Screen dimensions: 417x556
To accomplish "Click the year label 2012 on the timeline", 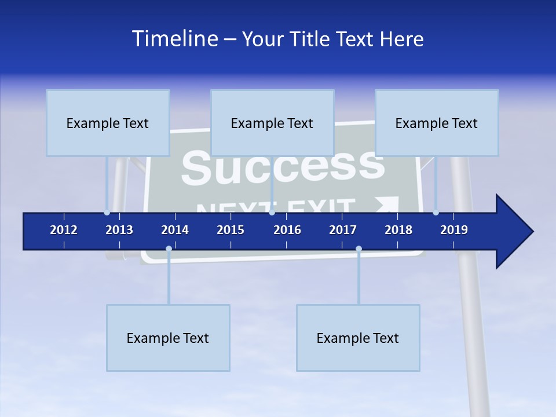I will [64, 230].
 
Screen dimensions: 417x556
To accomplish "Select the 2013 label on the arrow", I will [119, 230].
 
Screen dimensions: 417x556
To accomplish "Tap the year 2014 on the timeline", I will [175, 230].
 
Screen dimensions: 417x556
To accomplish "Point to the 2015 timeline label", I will [231, 230].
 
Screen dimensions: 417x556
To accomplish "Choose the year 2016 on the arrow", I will [287, 230].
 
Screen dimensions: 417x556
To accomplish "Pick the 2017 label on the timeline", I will [343, 230].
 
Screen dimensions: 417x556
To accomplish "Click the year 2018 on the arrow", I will [398, 230].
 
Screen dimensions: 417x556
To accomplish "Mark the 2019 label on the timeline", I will [454, 230].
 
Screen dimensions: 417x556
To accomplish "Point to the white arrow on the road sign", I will [388, 204].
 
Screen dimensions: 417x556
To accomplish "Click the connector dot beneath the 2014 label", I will [169, 249].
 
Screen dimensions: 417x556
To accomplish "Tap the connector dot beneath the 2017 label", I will [359, 249].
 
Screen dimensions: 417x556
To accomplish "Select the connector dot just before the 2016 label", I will [272, 212].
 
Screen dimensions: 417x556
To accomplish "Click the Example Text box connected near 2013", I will [108, 123].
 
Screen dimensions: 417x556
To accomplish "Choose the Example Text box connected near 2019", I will [437, 123].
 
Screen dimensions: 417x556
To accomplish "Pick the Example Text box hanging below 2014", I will [168, 338].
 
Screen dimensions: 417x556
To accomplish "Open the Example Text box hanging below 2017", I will [358, 338].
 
